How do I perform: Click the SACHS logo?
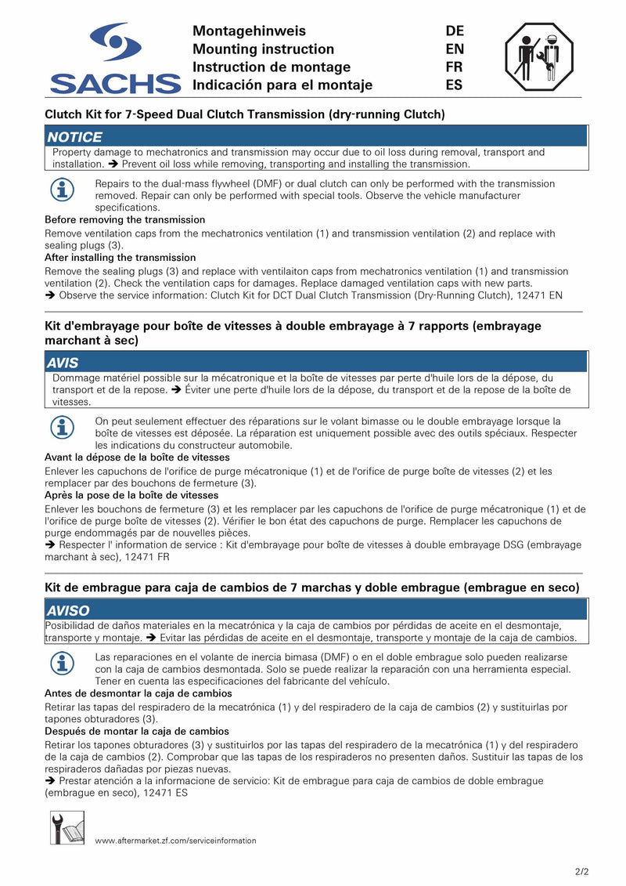[x=115, y=59]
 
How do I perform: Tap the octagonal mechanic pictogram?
[x=539, y=57]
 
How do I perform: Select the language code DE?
[x=455, y=31]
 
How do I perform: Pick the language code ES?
[x=454, y=85]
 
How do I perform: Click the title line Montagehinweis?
[x=249, y=31]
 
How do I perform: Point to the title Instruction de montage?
[x=272, y=67]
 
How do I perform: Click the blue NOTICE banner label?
[x=75, y=137]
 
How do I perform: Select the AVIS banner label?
[x=63, y=363]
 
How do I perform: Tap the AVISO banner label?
[x=68, y=611]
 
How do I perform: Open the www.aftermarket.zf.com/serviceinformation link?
[x=175, y=841]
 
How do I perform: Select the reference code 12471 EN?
[x=538, y=295]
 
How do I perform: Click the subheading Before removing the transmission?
[x=125, y=220]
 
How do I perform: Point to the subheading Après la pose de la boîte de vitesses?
[x=131, y=495]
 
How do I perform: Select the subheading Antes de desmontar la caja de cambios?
[x=139, y=693]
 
